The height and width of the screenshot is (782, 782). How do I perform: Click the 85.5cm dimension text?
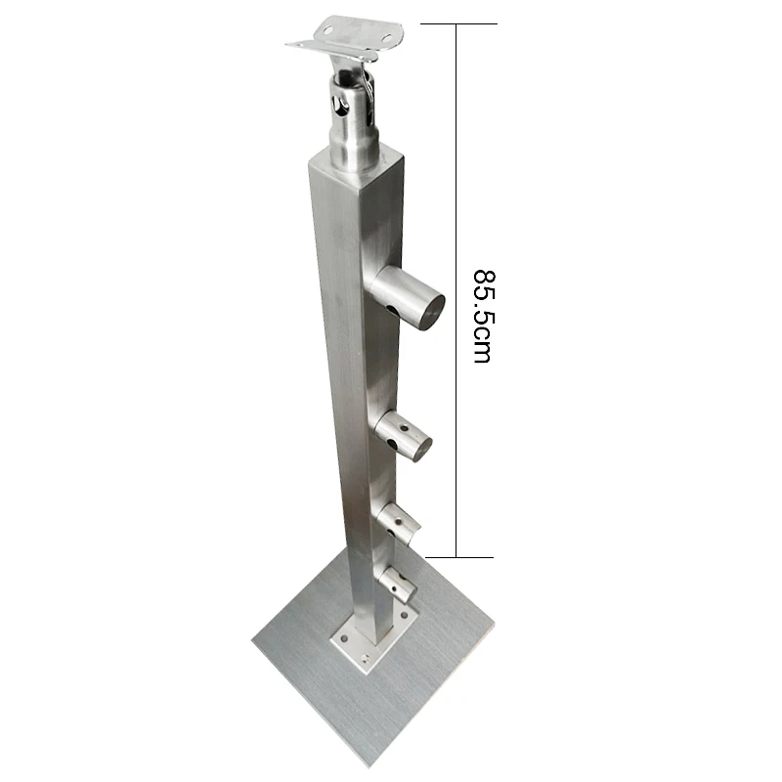481,316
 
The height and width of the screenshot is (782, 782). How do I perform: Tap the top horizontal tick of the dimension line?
458,23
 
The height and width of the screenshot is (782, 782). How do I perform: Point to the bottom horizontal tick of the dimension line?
458,557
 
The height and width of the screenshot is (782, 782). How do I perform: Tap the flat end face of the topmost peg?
428,307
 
